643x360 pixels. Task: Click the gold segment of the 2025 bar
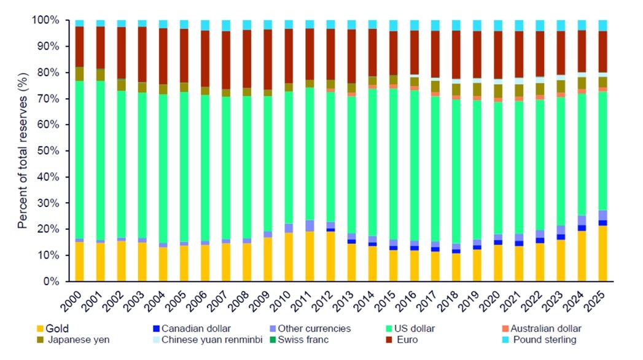(x=602, y=253)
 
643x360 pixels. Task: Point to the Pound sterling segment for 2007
(x=226, y=25)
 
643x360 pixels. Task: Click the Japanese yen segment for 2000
(x=79, y=74)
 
